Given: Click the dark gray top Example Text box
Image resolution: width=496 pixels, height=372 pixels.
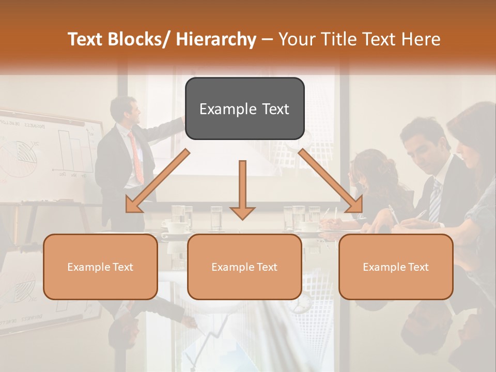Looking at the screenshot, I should tap(244, 109).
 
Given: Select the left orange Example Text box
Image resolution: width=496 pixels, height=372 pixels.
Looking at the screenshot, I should tap(100, 267).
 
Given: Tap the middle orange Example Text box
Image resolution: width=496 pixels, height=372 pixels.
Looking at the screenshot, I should tap(244, 267).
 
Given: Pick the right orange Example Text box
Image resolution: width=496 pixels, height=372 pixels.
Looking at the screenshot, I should tap(396, 267).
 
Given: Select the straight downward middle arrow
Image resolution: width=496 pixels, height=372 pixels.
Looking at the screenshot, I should tap(242, 189).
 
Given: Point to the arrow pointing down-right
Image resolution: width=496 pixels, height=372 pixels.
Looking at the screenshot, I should tap(331, 181).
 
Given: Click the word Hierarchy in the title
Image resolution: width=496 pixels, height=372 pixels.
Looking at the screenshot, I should tap(216, 39).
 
